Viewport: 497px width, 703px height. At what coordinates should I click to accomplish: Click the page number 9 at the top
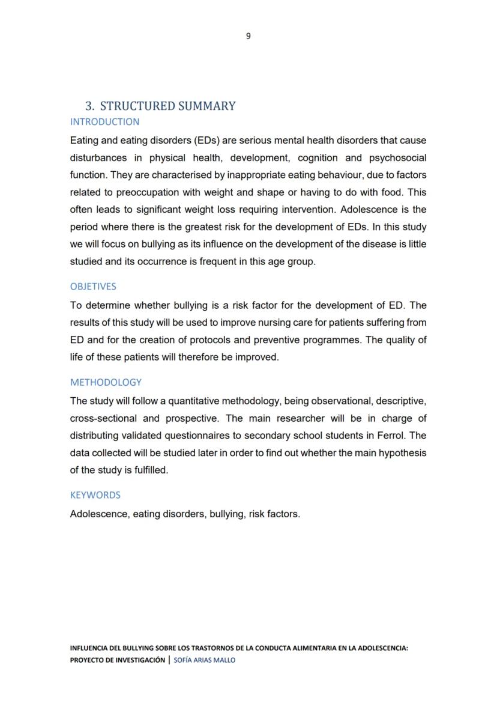click(x=248, y=36)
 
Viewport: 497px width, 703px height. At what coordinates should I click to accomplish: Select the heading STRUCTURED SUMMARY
click(x=167, y=106)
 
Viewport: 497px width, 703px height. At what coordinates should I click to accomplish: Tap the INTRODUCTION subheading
click(x=104, y=122)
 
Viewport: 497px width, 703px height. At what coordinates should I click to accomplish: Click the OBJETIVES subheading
click(x=93, y=287)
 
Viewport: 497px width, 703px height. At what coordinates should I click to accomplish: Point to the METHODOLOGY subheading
click(x=106, y=382)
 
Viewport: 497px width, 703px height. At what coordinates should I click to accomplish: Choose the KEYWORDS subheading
click(x=95, y=495)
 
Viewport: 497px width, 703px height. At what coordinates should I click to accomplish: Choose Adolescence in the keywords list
click(x=98, y=514)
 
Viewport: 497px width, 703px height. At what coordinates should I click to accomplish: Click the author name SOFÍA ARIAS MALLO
click(x=204, y=660)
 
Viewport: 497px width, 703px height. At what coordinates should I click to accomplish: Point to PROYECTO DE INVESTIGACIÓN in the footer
click(x=117, y=660)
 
